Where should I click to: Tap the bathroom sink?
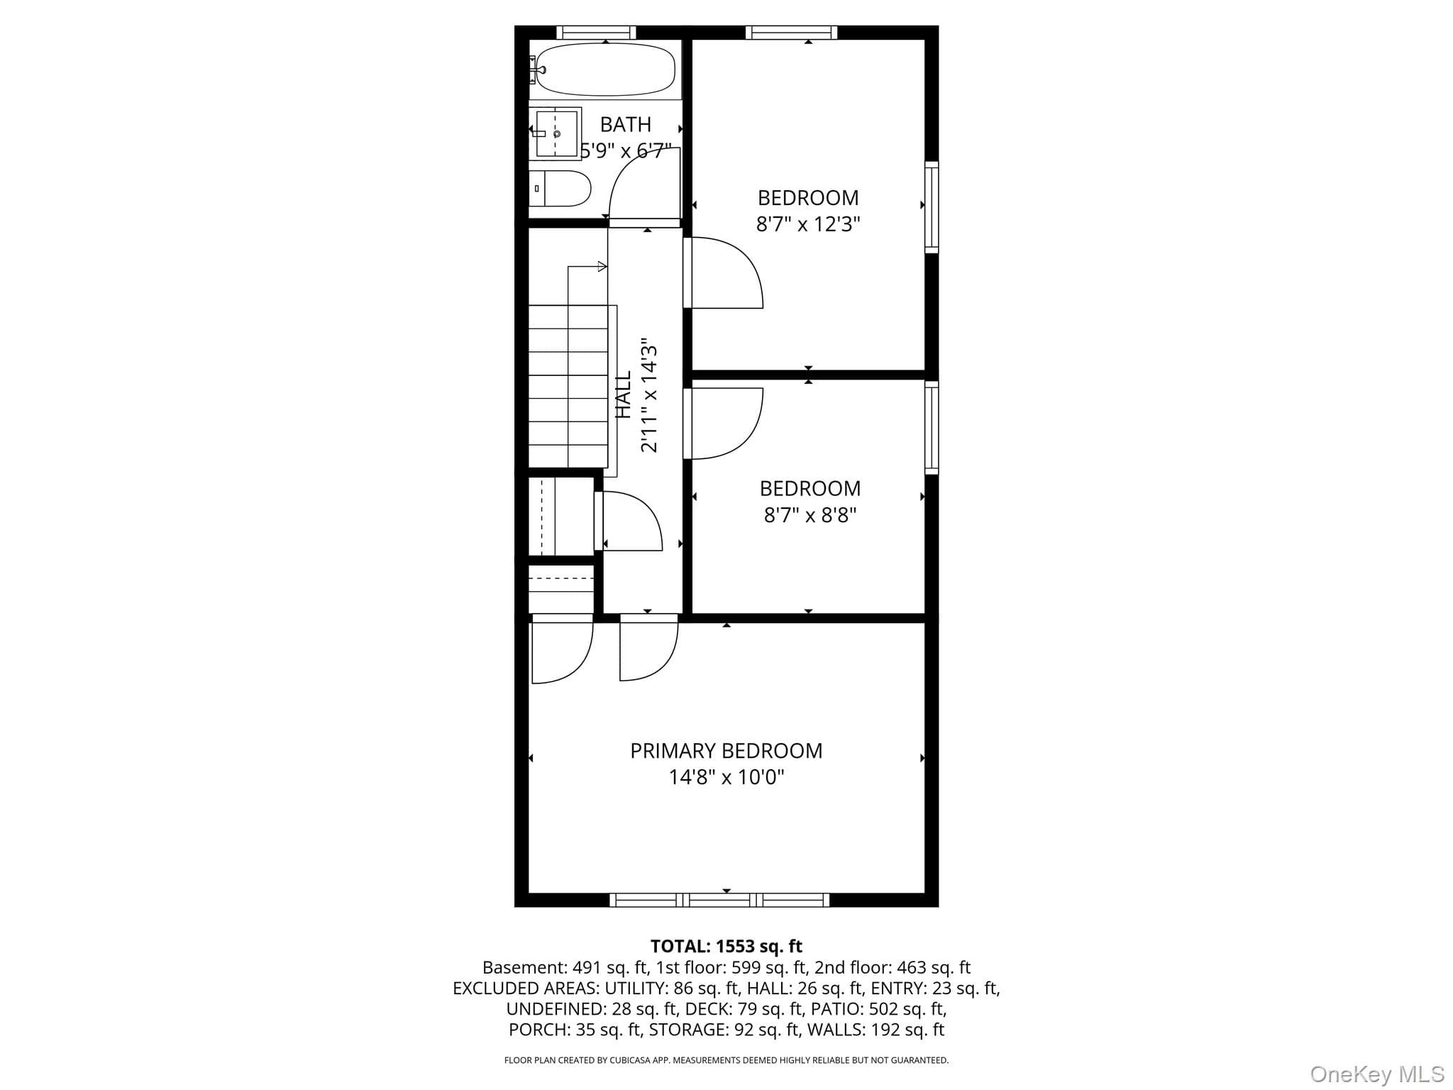click(558, 133)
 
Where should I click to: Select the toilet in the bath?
click(560, 188)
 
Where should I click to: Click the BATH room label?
click(625, 124)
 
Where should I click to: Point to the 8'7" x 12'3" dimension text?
click(808, 224)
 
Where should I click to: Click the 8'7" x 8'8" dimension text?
click(810, 514)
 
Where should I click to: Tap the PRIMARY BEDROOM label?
click(726, 751)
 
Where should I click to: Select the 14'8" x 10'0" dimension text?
click(726, 777)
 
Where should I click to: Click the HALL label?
click(624, 395)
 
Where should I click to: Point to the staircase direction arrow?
click(587, 267)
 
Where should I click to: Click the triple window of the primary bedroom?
click(719, 900)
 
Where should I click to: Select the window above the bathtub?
click(596, 32)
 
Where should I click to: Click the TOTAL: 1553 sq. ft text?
click(726, 946)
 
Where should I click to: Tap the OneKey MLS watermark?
click(1377, 1074)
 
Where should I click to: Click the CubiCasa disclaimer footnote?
click(726, 1060)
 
